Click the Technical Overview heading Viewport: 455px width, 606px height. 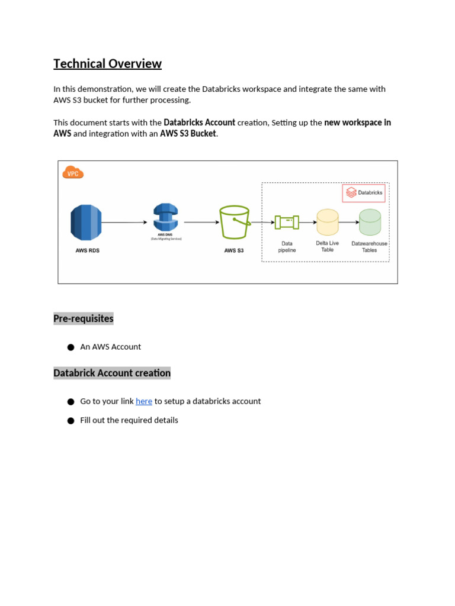coord(107,64)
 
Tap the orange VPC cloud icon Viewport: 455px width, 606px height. coord(73,173)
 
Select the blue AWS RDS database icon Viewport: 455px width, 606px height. coord(86,222)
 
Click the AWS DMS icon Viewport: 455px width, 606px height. coord(165,218)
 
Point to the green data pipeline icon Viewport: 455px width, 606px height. coord(287,222)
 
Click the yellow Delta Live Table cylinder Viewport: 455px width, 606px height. coord(327,223)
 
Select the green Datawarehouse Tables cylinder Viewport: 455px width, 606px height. coord(370,223)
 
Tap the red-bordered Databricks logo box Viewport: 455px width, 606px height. coord(364,193)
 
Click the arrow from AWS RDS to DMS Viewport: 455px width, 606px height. coord(124,223)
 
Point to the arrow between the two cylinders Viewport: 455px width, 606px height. coord(348,223)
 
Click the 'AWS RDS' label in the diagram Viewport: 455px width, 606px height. coord(87,251)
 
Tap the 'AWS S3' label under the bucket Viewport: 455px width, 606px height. coord(233,251)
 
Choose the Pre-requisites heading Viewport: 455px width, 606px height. coord(84,318)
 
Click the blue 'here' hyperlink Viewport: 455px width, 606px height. coord(144,401)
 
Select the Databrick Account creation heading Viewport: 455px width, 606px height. coord(112,373)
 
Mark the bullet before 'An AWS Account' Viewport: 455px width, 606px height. coord(71,347)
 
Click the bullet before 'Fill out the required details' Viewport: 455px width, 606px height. coord(71,421)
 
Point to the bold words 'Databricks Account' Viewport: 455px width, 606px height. coord(199,123)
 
